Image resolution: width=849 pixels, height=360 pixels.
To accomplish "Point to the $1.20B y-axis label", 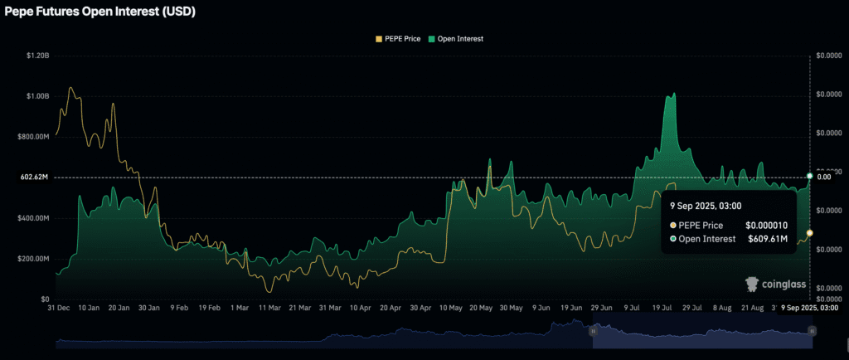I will (x=36, y=56).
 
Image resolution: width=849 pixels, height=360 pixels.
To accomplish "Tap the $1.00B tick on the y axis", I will (x=36, y=96).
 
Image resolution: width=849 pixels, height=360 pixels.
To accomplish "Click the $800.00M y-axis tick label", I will (x=34, y=137).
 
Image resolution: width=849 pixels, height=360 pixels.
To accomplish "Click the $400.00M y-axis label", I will (x=34, y=218).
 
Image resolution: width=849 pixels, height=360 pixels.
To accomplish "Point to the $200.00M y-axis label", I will (x=34, y=259).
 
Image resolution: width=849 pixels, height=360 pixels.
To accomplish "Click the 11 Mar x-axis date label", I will (x=269, y=308).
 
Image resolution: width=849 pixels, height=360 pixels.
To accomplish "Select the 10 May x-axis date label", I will (x=450, y=308).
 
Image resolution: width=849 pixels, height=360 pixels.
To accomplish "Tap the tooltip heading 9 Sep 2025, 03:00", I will (x=706, y=206).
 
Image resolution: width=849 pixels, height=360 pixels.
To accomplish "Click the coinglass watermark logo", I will (x=775, y=285).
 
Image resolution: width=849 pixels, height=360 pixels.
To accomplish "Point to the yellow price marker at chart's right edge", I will (x=809, y=233).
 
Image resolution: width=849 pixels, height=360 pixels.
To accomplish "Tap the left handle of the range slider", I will (x=593, y=331).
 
